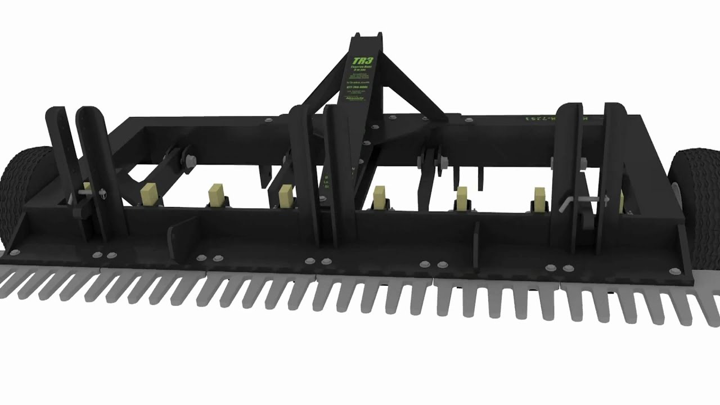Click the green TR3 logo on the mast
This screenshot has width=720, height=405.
coord(358,62)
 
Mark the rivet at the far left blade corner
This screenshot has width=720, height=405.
coord(13,252)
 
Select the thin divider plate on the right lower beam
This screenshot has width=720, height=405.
coord(476,244)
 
